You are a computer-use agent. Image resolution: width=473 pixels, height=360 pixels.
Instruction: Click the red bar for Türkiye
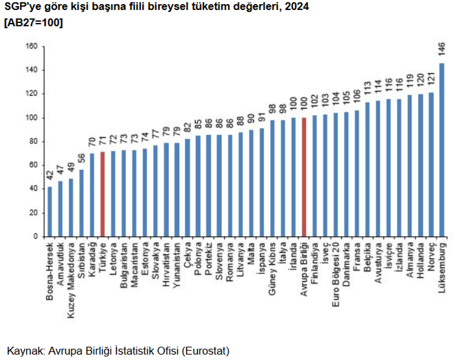(103, 194)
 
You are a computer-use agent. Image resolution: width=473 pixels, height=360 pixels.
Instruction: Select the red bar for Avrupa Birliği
(304, 177)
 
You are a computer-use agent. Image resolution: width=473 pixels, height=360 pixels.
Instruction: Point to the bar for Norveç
(431, 165)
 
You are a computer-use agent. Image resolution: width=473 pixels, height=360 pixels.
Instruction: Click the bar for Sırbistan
(81, 203)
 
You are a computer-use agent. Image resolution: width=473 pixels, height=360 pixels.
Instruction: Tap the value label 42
(50, 176)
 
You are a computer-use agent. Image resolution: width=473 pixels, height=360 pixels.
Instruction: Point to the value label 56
(81, 159)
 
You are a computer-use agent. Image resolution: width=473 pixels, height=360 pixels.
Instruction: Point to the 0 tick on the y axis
(35, 237)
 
